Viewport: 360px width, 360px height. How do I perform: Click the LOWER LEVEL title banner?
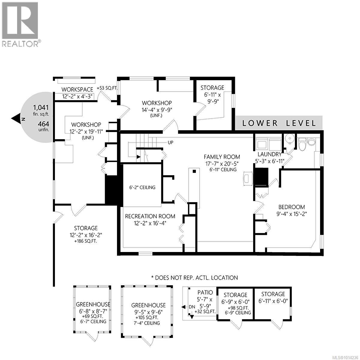pyautogui.click(x=279, y=123)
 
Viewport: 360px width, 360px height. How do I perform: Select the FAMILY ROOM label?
pyautogui.click(x=222, y=157)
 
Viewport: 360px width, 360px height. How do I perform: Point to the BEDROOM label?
pyautogui.click(x=291, y=207)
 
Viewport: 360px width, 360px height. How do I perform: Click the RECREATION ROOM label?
pyautogui.click(x=150, y=216)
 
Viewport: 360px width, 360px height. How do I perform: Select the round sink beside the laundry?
pyautogui.click(x=289, y=138)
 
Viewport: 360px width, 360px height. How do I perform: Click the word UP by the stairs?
pyautogui.click(x=170, y=142)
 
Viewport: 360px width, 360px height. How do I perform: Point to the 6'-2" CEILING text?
pyautogui.click(x=140, y=187)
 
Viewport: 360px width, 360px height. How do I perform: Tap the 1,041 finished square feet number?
pyautogui.click(x=41, y=107)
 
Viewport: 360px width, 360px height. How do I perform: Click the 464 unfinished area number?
pyautogui.click(x=43, y=124)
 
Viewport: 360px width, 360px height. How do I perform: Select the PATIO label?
pyautogui.click(x=205, y=292)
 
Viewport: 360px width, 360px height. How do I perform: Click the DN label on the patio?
pyautogui.click(x=192, y=307)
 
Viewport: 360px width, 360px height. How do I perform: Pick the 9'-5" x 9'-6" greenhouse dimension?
pyautogui.click(x=148, y=312)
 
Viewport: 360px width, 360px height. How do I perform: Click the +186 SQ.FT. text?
pyautogui.click(x=86, y=241)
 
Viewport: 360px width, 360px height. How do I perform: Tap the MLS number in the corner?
pyautogui.click(x=345, y=357)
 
